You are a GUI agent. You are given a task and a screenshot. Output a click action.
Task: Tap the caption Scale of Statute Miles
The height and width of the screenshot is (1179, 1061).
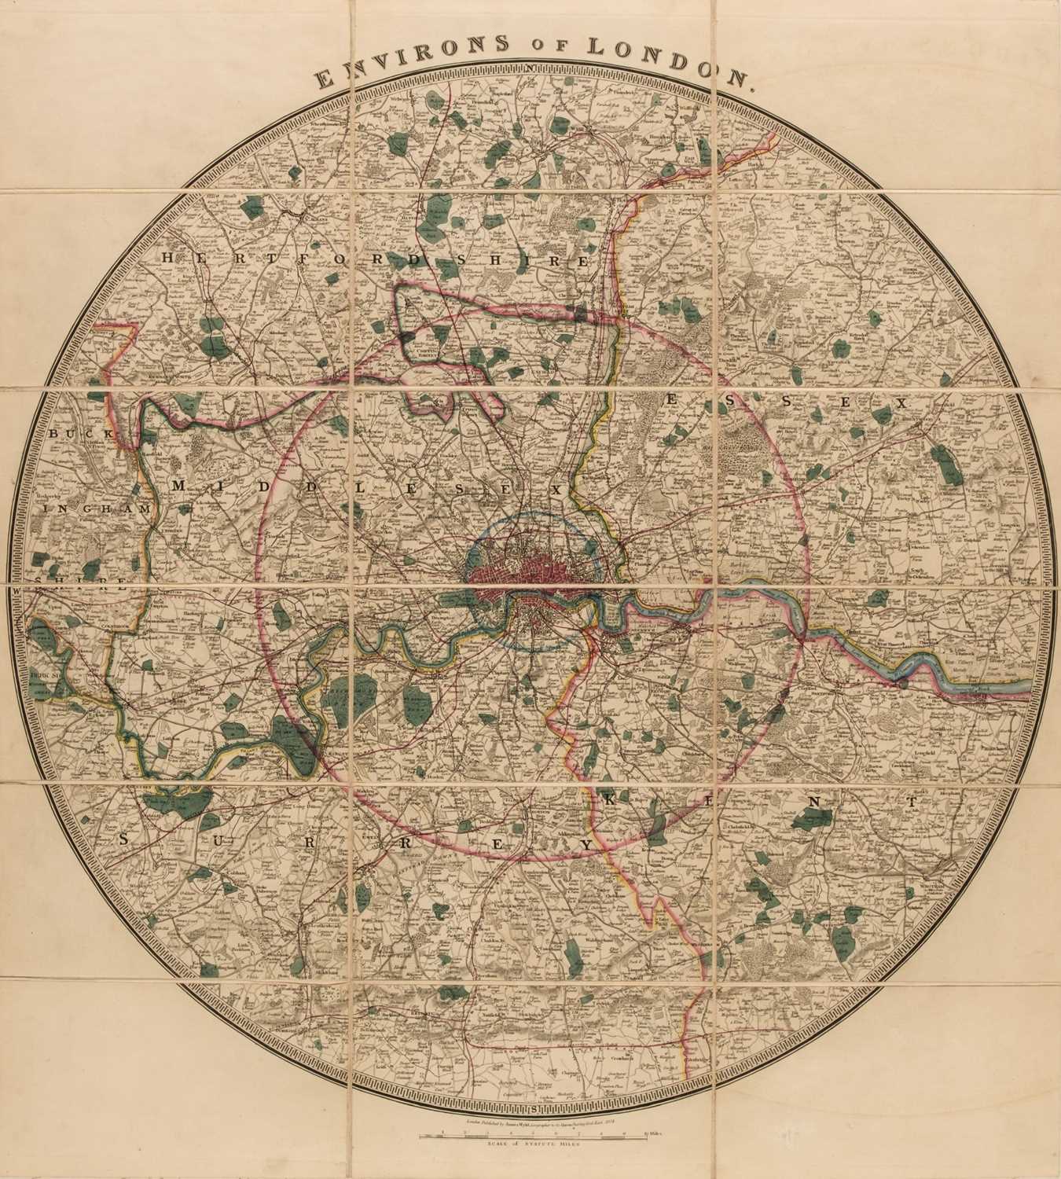pos(532,1146)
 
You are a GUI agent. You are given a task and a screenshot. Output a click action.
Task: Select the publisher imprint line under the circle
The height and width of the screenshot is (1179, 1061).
pos(532,1123)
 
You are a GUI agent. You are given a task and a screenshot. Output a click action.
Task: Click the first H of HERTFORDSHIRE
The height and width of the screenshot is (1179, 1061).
pos(169,258)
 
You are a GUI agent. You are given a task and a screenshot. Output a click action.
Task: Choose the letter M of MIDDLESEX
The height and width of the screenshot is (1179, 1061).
pos(178,486)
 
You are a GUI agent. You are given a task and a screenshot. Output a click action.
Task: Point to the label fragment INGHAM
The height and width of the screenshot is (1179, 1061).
pos(97,509)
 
